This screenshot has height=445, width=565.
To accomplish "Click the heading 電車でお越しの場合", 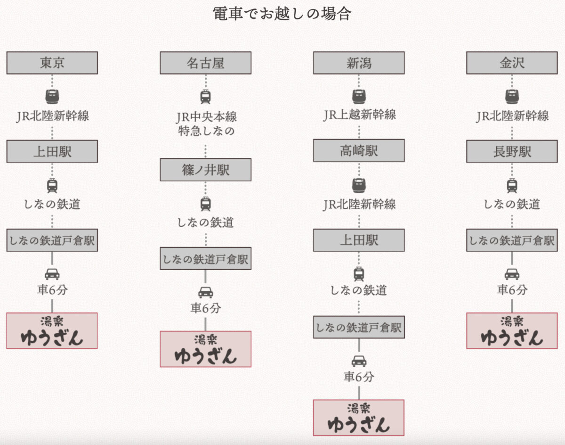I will tap(282, 13).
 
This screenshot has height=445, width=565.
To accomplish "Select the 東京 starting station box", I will tap(52, 63).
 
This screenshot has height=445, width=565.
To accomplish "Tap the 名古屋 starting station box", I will tap(205, 63).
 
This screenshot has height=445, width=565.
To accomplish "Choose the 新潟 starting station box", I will tap(359, 63).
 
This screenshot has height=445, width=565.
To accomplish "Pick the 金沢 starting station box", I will tap(512, 63).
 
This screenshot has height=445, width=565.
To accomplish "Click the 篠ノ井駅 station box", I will tap(205, 170).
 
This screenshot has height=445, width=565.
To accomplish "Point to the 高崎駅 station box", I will tap(359, 150).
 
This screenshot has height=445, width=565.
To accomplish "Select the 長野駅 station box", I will tap(512, 151).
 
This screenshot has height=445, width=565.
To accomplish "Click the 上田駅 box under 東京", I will tap(52, 151).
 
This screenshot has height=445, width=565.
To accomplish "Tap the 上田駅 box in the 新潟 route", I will tap(359, 240).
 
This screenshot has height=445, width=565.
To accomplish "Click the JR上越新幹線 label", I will tap(359, 115).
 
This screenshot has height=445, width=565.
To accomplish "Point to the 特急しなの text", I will tap(205, 131).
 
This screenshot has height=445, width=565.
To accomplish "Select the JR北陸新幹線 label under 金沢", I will tap(512, 116).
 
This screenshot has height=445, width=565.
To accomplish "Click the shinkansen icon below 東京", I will tap(52, 97).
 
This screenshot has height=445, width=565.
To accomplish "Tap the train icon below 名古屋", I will tap(205, 97).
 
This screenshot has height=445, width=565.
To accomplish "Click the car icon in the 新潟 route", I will tap(359, 362).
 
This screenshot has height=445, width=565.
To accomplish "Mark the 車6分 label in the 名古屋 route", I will tap(205, 308).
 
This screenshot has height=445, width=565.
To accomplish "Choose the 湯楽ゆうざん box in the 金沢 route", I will tap(512, 330).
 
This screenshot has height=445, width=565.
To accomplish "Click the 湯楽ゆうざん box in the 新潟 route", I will tap(359, 418).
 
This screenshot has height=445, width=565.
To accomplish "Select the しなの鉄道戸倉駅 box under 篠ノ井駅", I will tap(205, 258).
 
